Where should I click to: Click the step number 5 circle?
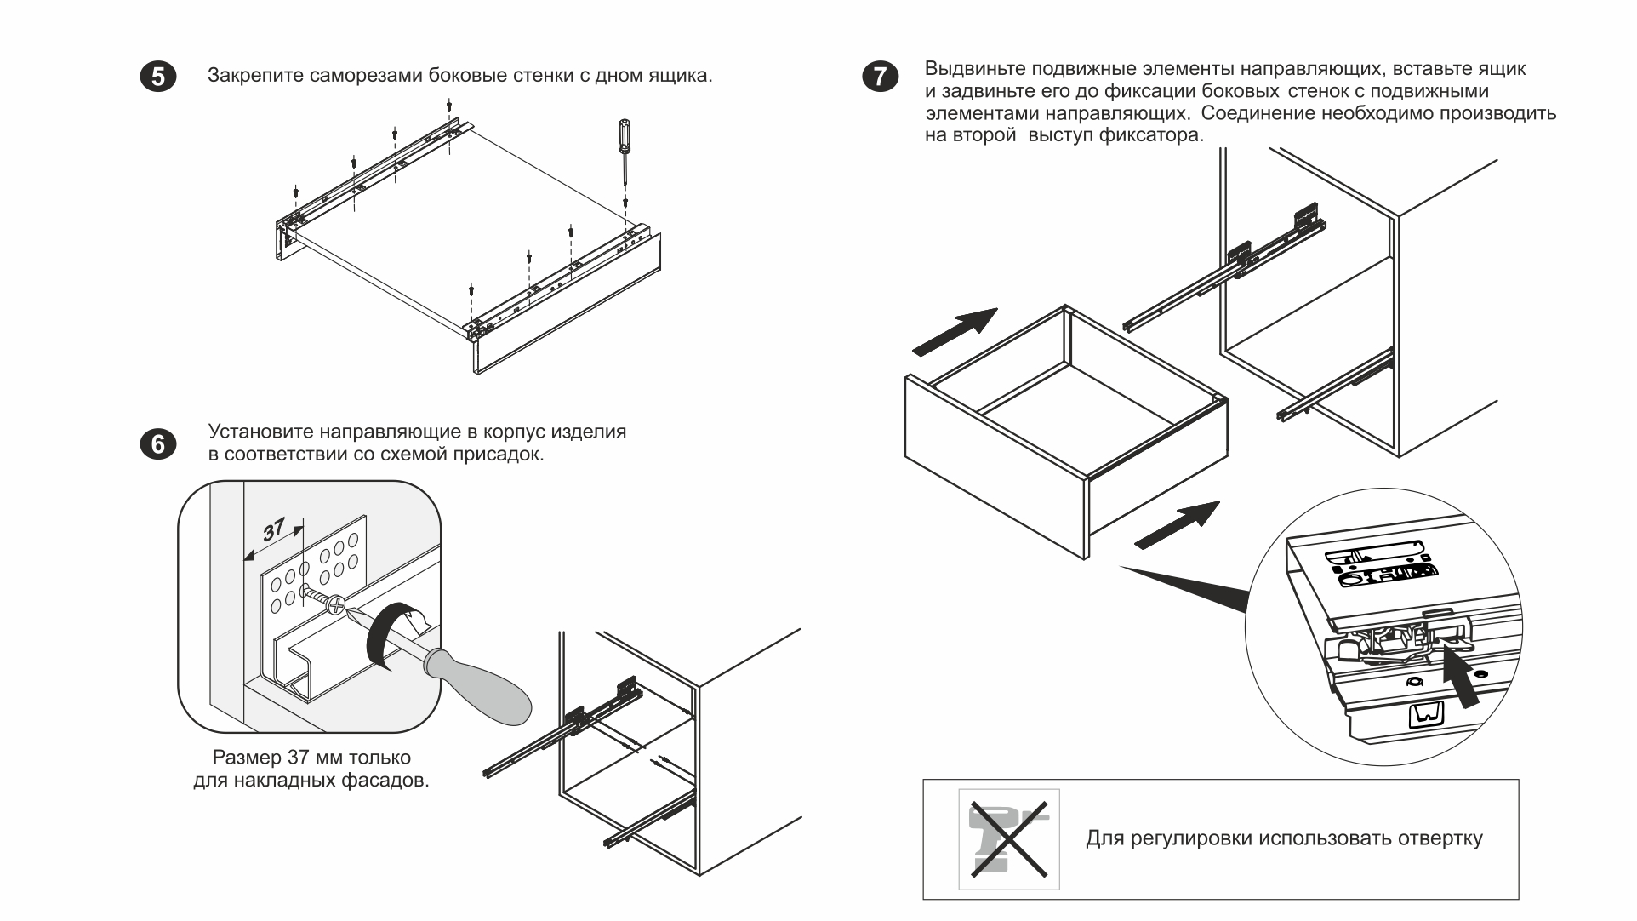[158, 77]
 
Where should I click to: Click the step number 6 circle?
[158, 444]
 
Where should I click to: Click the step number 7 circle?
[879, 77]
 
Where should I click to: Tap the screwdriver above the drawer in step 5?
[625, 145]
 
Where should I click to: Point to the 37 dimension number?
[274, 530]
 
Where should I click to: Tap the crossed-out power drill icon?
[1009, 838]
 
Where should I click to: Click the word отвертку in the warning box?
[1440, 838]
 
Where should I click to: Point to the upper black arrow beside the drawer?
[955, 331]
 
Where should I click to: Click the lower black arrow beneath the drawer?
[1178, 524]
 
